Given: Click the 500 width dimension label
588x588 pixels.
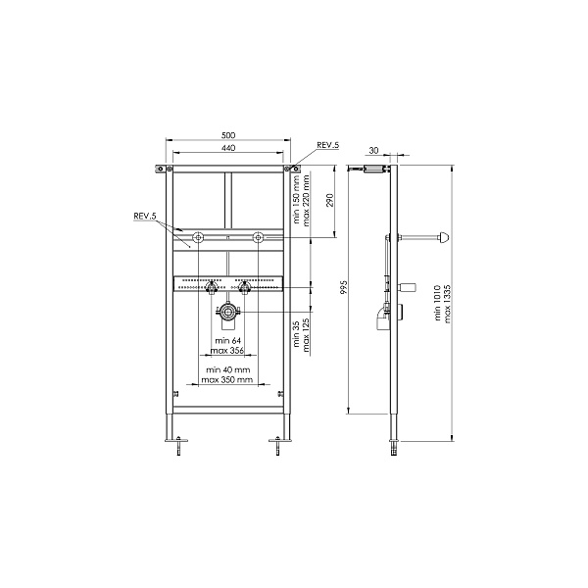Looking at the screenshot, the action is pyautogui.click(x=228, y=135).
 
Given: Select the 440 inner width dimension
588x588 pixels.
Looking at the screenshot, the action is pyautogui.click(x=228, y=148).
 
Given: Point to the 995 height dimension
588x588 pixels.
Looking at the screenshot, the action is pyautogui.click(x=345, y=287).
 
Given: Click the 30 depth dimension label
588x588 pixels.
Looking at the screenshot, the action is pyautogui.click(x=374, y=150).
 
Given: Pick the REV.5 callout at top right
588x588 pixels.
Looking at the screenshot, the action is pyautogui.click(x=327, y=145).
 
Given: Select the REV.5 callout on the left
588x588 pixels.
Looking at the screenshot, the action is pyautogui.click(x=144, y=216).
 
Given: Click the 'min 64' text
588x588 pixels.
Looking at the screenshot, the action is pyautogui.click(x=228, y=340).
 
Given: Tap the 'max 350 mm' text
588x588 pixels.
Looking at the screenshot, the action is pyautogui.click(x=227, y=379).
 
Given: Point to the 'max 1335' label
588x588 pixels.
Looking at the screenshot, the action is pyautogui.click(x=448, y=304).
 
